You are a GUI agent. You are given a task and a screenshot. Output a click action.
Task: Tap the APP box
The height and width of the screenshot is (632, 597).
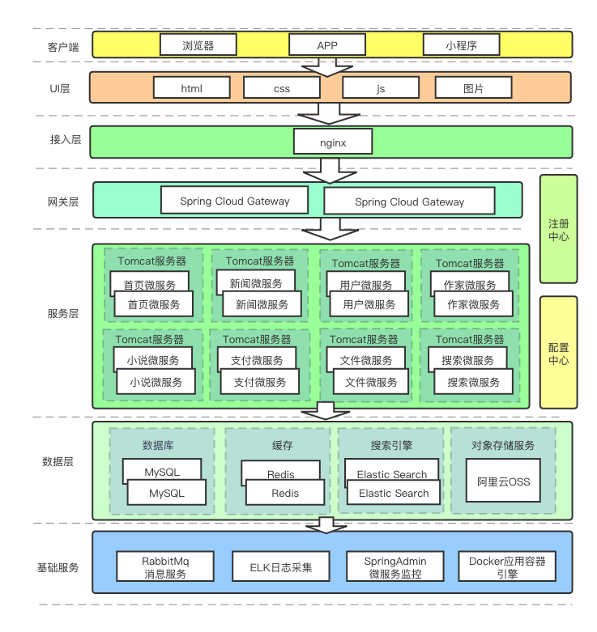[x=327, y=45]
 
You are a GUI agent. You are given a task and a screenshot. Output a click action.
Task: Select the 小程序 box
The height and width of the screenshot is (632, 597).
[x=461, y=45]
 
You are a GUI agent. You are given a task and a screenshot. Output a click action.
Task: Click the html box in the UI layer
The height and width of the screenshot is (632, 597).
[x=191, y=88]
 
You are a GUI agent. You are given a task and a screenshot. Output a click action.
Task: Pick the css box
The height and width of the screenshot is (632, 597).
[x=281, y=88]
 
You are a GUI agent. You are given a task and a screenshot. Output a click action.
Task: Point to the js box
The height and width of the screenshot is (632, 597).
[x=381, y=88]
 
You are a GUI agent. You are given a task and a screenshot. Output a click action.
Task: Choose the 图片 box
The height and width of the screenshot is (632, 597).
[x=474, y=88]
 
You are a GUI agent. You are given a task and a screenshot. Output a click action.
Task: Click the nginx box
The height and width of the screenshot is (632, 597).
[x=332, y=142]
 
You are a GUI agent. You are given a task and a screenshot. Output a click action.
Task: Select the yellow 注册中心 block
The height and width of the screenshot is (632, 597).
[x=558, y=229]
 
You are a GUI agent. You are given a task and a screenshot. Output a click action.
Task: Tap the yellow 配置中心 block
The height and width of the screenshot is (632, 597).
[x=558, y=352]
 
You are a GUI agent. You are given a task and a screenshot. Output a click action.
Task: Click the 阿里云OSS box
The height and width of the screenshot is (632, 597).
[x=503, y=481]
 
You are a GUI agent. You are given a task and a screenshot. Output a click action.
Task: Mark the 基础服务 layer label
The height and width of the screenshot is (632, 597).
[x=58, y=567]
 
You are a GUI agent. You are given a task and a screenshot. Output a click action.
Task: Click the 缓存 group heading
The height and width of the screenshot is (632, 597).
[x=283, y=445]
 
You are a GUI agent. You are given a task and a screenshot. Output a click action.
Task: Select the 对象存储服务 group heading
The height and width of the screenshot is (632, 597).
[x=503, y=445]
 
